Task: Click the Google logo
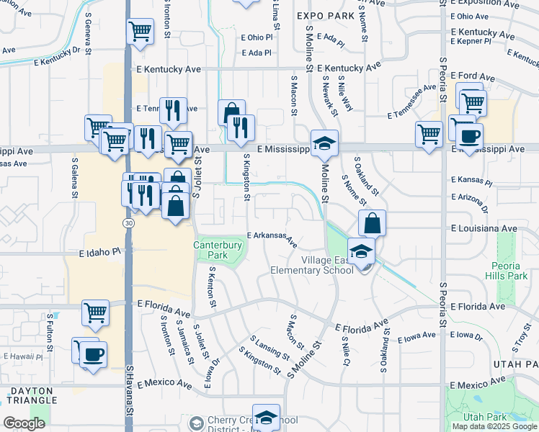[x=24, y=423]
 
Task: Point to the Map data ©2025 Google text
[x=494, y=426]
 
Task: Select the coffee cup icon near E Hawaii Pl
[x=94, y=354]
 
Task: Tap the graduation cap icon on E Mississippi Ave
[x=324, y=142]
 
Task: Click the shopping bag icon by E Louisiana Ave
[x=372, y=222]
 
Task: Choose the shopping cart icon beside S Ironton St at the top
[x=140, y=30]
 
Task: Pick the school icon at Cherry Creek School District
[x=267, y=418]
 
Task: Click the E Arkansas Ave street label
[x=272, y=238]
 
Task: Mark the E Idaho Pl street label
[x=100, y=253]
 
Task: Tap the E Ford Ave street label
[x=476, y=76]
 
